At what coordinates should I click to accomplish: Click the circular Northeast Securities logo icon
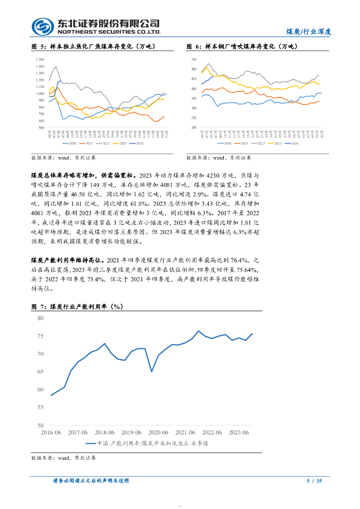click(x=42, y=26)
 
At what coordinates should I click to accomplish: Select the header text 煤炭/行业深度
click(x=309, y=31)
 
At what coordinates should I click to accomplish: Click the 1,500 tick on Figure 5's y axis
click(x=40, y=59)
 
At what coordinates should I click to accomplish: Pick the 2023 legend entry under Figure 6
click(x=276, y=143)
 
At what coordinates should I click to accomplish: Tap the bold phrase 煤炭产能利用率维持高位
click(x=67, y=260)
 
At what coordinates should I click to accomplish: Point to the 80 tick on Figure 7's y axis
click(x=40, y=318)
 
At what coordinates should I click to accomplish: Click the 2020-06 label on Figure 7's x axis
click(x=158, y=432)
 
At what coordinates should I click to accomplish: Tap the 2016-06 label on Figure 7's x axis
click(x=51, y=432)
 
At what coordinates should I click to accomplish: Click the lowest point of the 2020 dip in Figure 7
click(x=152, y=371)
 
